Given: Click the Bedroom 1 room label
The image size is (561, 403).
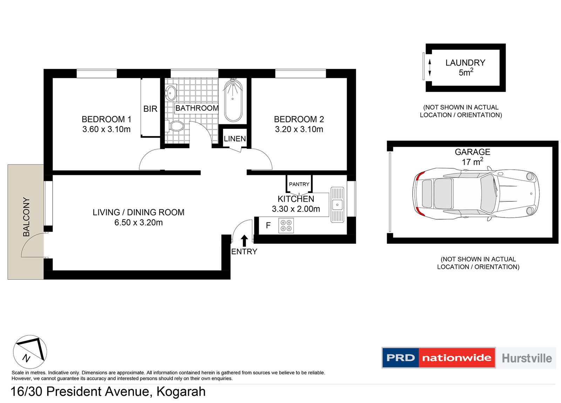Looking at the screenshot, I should click(x=106, y=119).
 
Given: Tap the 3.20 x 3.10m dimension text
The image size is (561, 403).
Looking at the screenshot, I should click(x=299, y=129).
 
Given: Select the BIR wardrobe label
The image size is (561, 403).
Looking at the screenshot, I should click(x=150, y=109).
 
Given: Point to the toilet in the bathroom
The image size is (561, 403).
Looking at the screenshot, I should click(x=176, y=126).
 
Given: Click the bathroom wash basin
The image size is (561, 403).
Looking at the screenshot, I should click(x=171, y=93).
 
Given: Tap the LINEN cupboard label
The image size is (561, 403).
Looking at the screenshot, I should click(x=235, y=139).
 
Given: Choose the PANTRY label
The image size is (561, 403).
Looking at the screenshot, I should click(x=299, y=184).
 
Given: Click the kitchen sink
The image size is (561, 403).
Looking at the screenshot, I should click(x=337, y=205).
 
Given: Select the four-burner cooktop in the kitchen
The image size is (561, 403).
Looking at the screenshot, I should click(x=286, y=225).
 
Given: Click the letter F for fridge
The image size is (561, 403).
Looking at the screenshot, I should click(x=268, y=225).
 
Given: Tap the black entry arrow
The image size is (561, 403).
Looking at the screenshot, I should click(x=244, y=241).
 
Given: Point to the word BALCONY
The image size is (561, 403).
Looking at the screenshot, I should click(x=26, y=217).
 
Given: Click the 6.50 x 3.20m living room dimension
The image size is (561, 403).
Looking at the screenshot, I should click(x=138, y=223).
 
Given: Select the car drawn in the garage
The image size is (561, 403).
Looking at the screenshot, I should click(x=475, y=194).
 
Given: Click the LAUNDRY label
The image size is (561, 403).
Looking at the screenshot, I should click(x=465, y=63).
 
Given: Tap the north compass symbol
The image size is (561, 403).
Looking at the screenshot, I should click(x=30, y=352).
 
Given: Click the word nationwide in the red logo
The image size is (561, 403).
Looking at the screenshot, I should click(x=457, y=358).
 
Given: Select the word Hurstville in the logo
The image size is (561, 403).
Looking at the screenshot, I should click(x=526, y=358).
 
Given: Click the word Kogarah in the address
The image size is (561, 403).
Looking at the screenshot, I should click(x=181, y=391).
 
